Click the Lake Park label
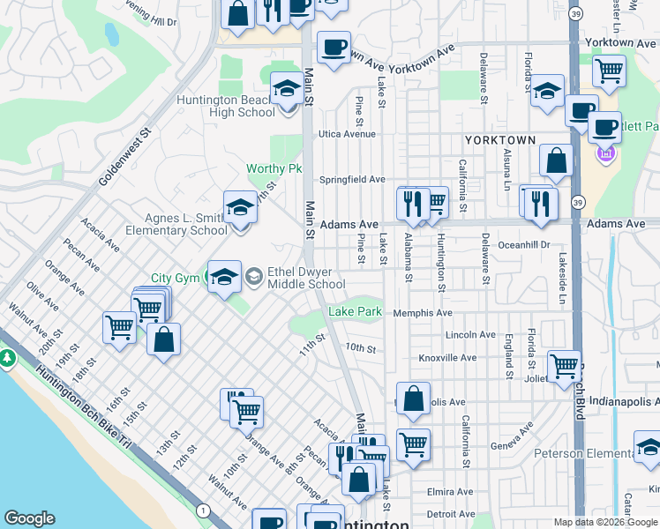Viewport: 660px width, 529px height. pyautogui.click(x=356, y=312)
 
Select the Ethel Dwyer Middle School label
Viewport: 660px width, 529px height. pyautogui.click(x=307, y=279)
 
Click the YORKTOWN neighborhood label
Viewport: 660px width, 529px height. pyautogui.click(x=500, y=140)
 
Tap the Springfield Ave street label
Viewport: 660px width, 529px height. pyautogui.click(x=352, y=179)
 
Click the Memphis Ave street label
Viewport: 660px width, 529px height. pyautogui.click(x=423, y=313)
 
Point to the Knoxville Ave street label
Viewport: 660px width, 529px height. pyautogui.click(x=447, y=358)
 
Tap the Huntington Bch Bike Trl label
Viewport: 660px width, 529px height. pyautogui.click(x=85, y=406)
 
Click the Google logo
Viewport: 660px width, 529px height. pyautogui.click(x=29, y=518)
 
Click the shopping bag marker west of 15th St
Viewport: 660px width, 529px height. pyautogui.click(x=163, y=339)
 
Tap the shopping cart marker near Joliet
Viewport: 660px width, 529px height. pyautogui.click(x=564, y=366)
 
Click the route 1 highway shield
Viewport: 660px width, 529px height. pyautogui.click(x=204, y=510)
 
